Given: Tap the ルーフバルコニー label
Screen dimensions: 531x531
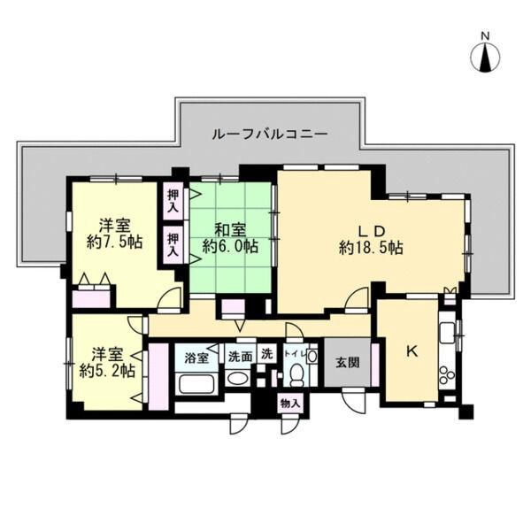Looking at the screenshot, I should point(270,135).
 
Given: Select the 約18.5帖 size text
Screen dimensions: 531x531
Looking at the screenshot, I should point(371,249).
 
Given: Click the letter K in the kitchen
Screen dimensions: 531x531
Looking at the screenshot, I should point(411,351).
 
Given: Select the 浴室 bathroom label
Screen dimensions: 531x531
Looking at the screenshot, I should point(196,358).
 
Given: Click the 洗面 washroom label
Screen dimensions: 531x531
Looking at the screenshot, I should point(240,358).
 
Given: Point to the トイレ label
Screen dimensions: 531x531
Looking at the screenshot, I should point(297,356).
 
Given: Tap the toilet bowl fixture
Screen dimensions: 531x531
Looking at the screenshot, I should point(296,379).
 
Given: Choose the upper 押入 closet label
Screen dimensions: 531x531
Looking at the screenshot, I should point(172,200).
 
